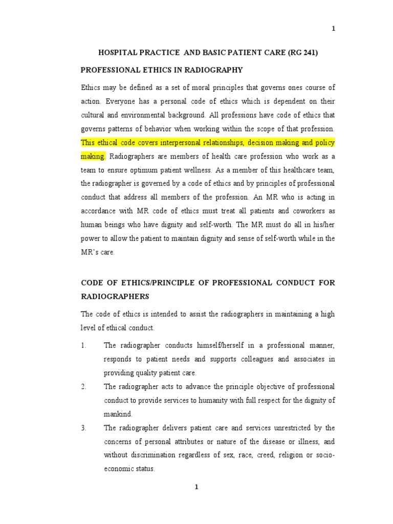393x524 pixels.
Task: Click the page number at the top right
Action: click(x=334, y=29)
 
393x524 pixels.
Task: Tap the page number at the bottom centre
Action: click(x=195, y=487)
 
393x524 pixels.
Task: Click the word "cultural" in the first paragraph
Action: click(x=94, y=115)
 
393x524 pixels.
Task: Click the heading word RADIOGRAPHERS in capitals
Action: click(x=115, y=296)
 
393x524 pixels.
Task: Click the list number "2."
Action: click(x=84, y=386)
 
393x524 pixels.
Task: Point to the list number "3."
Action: click(x=84, y=427)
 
